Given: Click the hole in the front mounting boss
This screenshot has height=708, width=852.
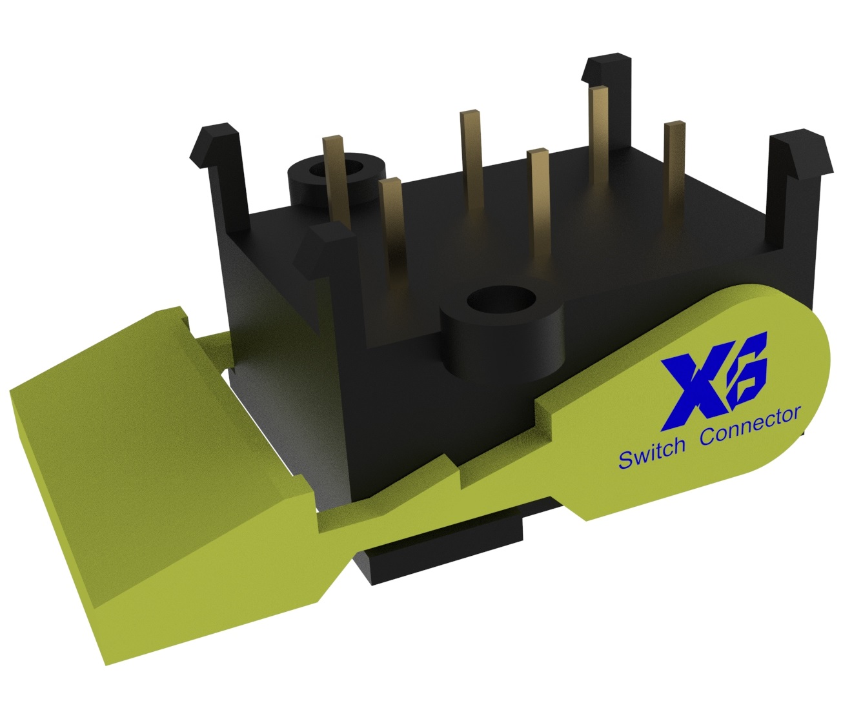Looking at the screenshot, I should (502, 300).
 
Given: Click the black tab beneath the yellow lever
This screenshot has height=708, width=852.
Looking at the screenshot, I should (445, 555).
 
